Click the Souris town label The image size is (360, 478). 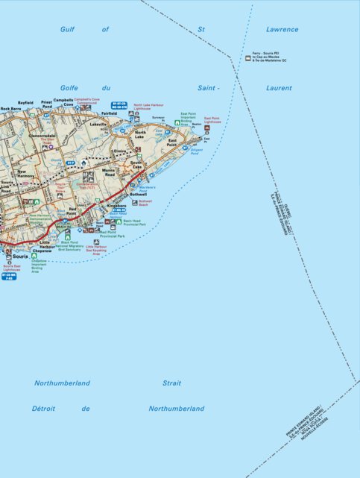(20, 257)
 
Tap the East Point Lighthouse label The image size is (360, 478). (212, 119)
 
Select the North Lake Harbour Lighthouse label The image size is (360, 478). (148, 108)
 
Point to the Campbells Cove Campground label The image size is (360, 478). (86, 100)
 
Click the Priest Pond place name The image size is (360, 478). (47, 105)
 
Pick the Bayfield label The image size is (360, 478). (26, 103)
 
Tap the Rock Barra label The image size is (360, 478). (11, 109)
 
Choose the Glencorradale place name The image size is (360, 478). (42, 136)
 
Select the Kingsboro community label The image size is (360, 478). (117, 204)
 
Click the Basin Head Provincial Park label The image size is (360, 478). (134, 222)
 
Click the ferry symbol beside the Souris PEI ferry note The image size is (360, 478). (247, 57)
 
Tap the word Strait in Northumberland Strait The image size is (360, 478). (171, 383)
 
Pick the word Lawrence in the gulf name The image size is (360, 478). (282, 30)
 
